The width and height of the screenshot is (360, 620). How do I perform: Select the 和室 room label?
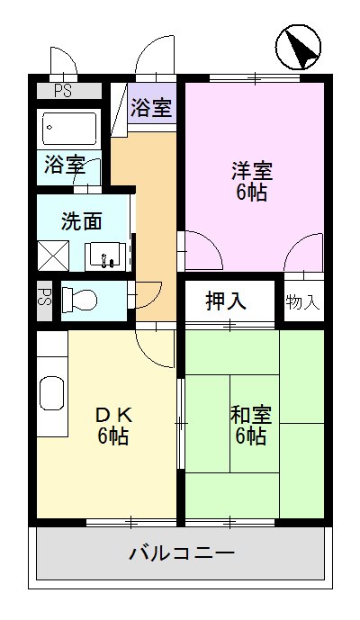[250, 415]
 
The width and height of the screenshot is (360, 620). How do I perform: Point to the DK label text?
[114, 415]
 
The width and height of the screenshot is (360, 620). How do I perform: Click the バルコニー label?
[181, 552]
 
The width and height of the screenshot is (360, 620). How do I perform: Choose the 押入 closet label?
[226, 301]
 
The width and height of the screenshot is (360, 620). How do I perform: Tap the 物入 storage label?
[302, 301]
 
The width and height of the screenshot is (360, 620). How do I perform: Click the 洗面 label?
[81, 221]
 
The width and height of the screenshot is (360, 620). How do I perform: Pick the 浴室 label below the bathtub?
[63, 166]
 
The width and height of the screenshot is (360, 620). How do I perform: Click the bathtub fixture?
[69, 129]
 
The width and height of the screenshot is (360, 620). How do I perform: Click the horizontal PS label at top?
[62, 89]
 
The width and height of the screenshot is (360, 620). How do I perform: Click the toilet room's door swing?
[146, 294]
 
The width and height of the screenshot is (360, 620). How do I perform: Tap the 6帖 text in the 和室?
[250, 436]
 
